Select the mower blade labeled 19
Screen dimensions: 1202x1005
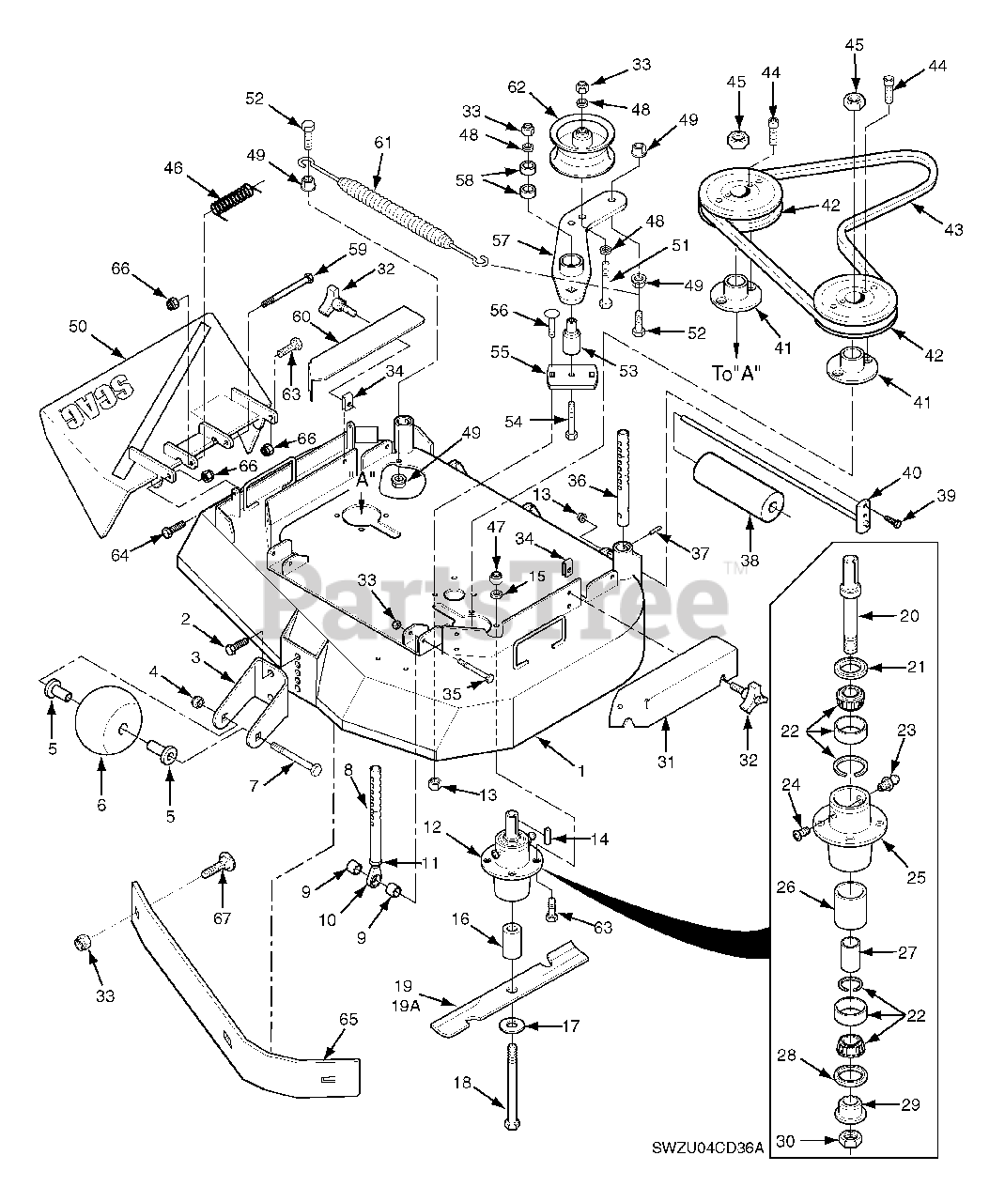click(x=512, y=988)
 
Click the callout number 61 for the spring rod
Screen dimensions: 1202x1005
click(x=382, y=142)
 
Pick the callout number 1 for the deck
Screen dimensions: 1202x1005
click(x=580, y=772)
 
